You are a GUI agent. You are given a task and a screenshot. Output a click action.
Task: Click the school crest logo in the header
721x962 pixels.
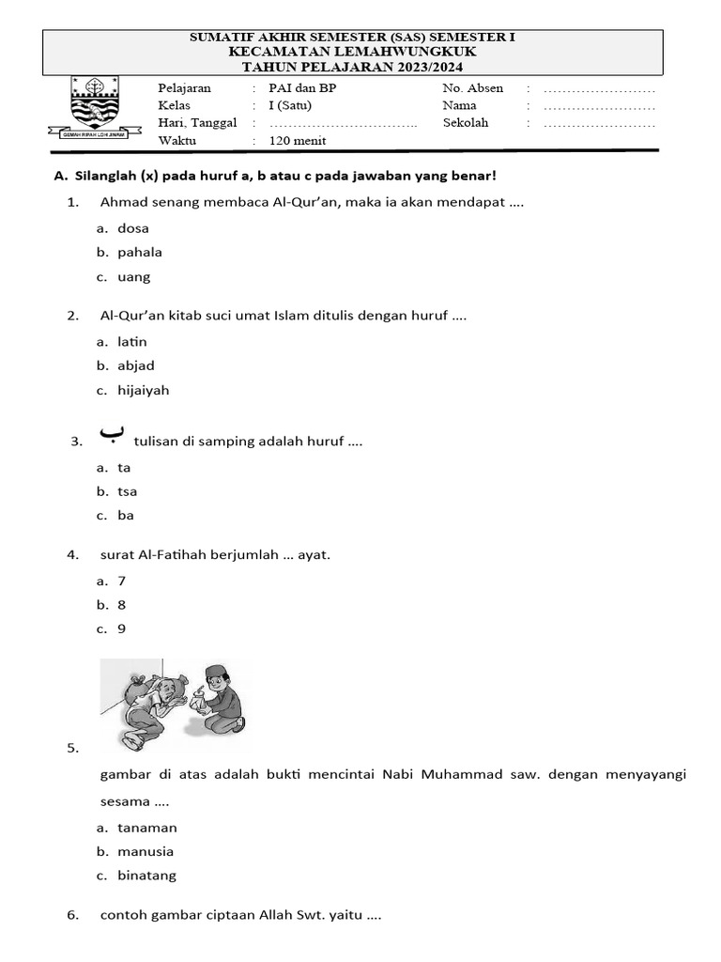(95, 107)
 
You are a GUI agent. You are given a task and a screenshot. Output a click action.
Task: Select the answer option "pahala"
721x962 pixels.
(140, 252)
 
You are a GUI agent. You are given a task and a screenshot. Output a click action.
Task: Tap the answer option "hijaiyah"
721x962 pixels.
(144, 390)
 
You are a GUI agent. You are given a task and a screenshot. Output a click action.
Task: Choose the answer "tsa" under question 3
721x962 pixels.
(128, 491)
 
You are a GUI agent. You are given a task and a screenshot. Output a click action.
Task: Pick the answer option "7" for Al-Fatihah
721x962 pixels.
(122, 581)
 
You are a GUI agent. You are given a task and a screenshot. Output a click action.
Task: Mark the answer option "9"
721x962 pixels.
(122, 629)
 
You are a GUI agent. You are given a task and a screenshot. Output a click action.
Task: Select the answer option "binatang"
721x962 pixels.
(146, 876)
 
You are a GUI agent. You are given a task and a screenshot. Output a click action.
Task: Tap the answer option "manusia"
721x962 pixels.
(146, 852)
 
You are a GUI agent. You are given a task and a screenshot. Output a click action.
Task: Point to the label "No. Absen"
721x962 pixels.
(472, 88)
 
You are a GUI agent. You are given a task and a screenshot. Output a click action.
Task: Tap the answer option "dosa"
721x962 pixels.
(133, 228)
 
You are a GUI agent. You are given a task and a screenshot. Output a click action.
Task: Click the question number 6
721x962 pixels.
(72, 915)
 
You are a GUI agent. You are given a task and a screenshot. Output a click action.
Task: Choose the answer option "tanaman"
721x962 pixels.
(147, 828)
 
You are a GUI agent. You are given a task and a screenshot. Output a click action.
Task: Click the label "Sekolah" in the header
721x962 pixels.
(466, 122)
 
